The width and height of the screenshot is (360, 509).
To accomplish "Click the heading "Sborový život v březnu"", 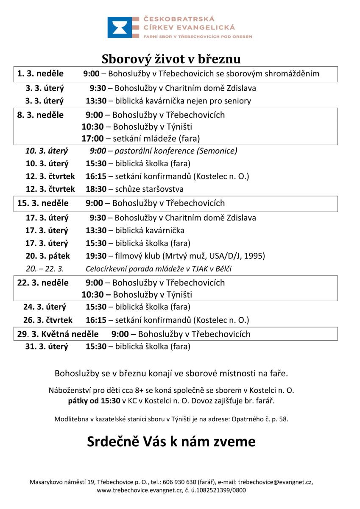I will [171, 58].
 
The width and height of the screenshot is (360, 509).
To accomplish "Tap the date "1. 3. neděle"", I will [40, 74].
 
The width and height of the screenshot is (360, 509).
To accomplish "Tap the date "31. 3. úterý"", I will [47, 347].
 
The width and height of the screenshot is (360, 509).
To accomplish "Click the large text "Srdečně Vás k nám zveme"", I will [171, 442].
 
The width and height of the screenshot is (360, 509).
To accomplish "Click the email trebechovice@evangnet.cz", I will [275, 482].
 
